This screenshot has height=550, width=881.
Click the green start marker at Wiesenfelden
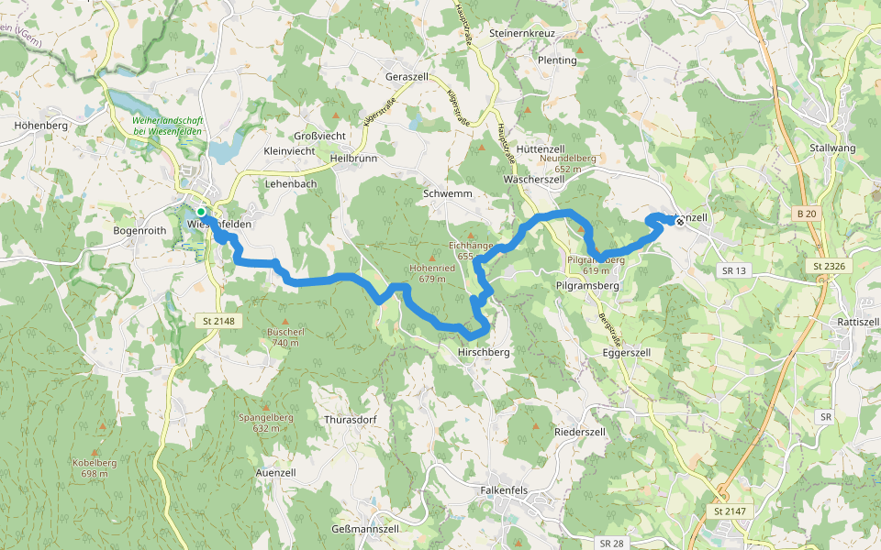201,212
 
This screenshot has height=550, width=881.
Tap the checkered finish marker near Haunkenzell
680,220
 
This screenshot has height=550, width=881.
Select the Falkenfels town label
504,490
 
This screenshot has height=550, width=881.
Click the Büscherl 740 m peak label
284,336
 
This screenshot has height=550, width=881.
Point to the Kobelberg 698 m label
95,467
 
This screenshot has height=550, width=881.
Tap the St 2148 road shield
217,321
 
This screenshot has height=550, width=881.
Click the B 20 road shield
807,214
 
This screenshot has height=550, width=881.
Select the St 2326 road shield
830,266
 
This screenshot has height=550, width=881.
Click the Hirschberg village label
484,352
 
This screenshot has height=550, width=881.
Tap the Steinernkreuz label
524,33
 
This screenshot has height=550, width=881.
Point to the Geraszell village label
409,77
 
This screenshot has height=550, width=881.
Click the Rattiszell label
859,323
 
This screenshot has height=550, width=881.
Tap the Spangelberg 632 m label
266,423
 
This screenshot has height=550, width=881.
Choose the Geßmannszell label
364,529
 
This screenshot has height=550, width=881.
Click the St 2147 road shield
730,510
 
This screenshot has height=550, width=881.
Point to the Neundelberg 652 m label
569,163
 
